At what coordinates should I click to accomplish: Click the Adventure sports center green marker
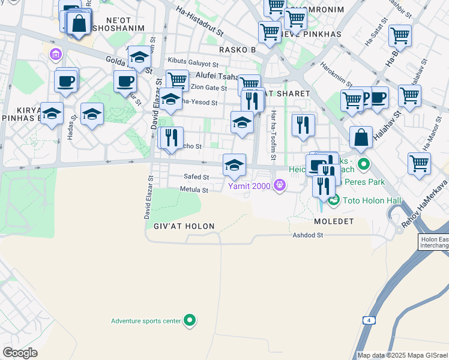coord(190,321)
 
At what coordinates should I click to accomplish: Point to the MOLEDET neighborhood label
coord(334,221)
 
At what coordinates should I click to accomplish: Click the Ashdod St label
coord(308,235)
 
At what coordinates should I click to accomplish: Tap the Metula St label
coord(194,190)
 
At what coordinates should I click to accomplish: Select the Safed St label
coord(197,178)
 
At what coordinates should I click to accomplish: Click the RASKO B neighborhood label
coord(237,49)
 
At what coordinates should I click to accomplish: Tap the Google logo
coord(20,353)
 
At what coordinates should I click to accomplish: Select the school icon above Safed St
coord(234,165)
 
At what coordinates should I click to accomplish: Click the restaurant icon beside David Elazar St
coord(171,138)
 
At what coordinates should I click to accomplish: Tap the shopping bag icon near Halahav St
coord(361,137)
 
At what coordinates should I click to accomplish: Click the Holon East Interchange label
coord(433,242)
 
